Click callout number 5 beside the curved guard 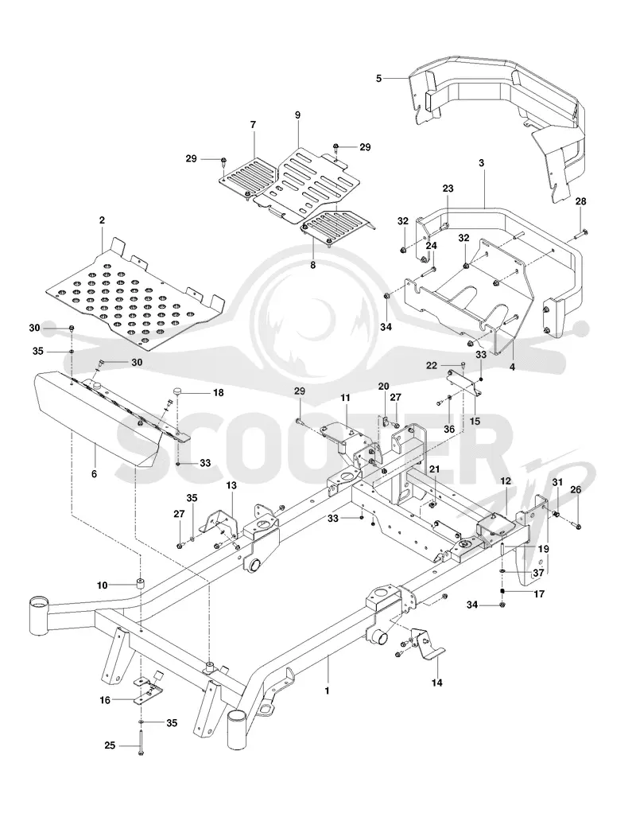(378, 78)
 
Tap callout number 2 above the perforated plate (102, 220)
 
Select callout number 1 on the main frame (327, 691)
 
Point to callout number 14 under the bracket (437, 683)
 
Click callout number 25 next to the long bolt (110, 745)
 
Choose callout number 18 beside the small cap (219, 392)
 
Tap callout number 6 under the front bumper (95, 474)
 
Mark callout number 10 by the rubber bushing (102, 586)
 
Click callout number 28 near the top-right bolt (581, 201)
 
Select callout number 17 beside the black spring (540, 593)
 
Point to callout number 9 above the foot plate (297, 115)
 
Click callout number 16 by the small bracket (105, 700)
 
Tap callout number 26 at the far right (576, 489)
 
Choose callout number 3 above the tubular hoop (481, 163)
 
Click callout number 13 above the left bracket (231, 485)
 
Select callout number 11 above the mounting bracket (345, 398)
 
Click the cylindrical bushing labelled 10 (140, 582)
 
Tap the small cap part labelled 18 (178, 391)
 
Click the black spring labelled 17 (502, 593)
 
